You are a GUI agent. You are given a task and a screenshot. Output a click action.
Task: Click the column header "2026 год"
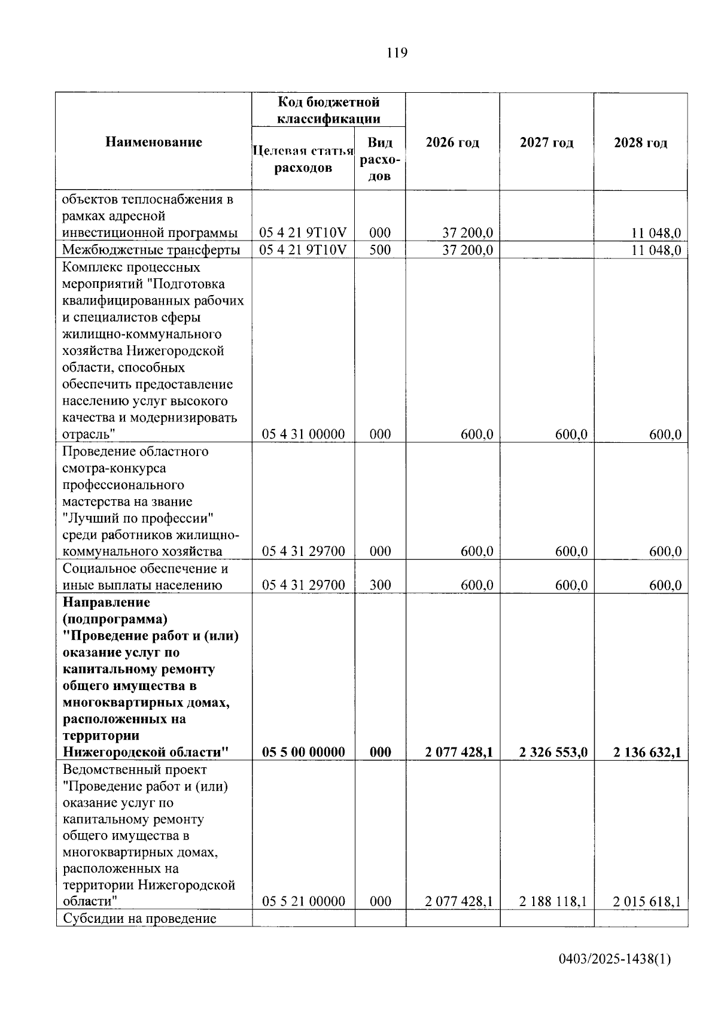[x=452, y=142]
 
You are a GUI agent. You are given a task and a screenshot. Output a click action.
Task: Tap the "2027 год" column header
[x=546, y=142]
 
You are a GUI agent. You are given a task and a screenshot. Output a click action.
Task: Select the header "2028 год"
[x=640, y=142]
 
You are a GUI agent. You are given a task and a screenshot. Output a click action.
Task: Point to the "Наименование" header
[x=154, y=142]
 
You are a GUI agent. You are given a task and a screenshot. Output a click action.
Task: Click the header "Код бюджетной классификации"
[x=328, y=110]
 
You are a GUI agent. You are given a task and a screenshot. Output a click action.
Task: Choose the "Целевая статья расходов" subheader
[x=303, y=159]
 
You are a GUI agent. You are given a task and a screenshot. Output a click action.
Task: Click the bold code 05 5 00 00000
[x=303, y=752]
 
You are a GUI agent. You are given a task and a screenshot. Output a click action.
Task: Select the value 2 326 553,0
[x=553, y=752]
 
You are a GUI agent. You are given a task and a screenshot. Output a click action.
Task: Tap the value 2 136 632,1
[x=647, y=752]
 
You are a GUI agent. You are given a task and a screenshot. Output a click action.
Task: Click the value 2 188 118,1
[x=553, y=901]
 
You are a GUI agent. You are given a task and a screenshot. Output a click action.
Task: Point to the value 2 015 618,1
[x=647, y=901]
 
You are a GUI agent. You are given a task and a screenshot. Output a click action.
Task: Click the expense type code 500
[x=380, y=250]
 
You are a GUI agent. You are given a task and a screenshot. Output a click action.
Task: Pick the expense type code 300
[x=380, y=585]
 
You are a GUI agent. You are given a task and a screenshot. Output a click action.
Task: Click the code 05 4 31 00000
[x=303, y=434]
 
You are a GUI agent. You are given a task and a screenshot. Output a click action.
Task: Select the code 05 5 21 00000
[x=303, y=901]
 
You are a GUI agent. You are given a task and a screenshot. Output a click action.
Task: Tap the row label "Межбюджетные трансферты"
[x=151, y=250]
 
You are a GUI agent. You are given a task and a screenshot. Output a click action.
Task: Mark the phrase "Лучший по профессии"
[x=138, y=518]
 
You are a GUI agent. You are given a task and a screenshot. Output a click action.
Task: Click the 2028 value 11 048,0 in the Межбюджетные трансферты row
[x=656, y=250]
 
